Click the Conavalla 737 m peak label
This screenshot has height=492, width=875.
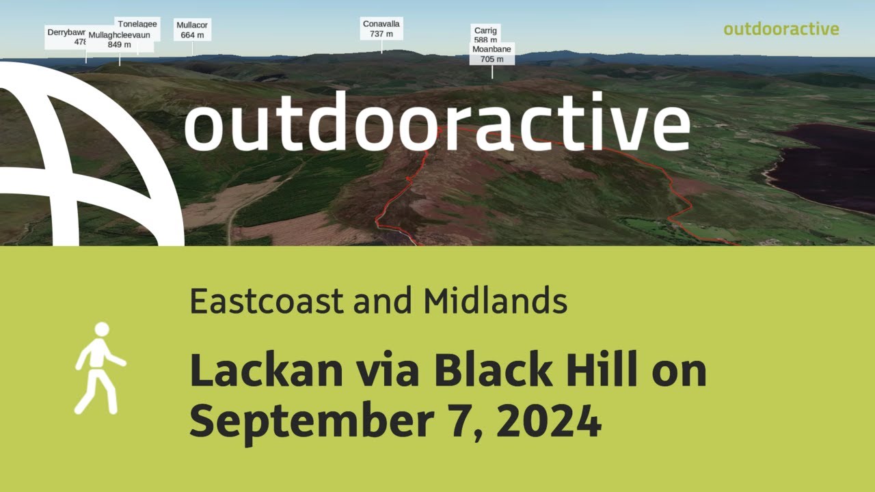pyautogui.click(x=381, y=29)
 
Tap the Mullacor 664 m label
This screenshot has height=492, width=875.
pyautogui.click(x=192, y=30)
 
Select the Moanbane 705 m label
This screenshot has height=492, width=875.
pyautogui.click(x=492, y=54)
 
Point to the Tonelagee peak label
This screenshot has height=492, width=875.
pyautogui.click(x=137, y=24)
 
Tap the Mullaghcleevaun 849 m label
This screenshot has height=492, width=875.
pyautogui.click(x=120, y=40)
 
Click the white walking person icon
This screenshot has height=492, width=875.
pyautogui.click(x=98, y=368)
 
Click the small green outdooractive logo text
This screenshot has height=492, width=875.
pyautogui.click(x=781, y=29)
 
